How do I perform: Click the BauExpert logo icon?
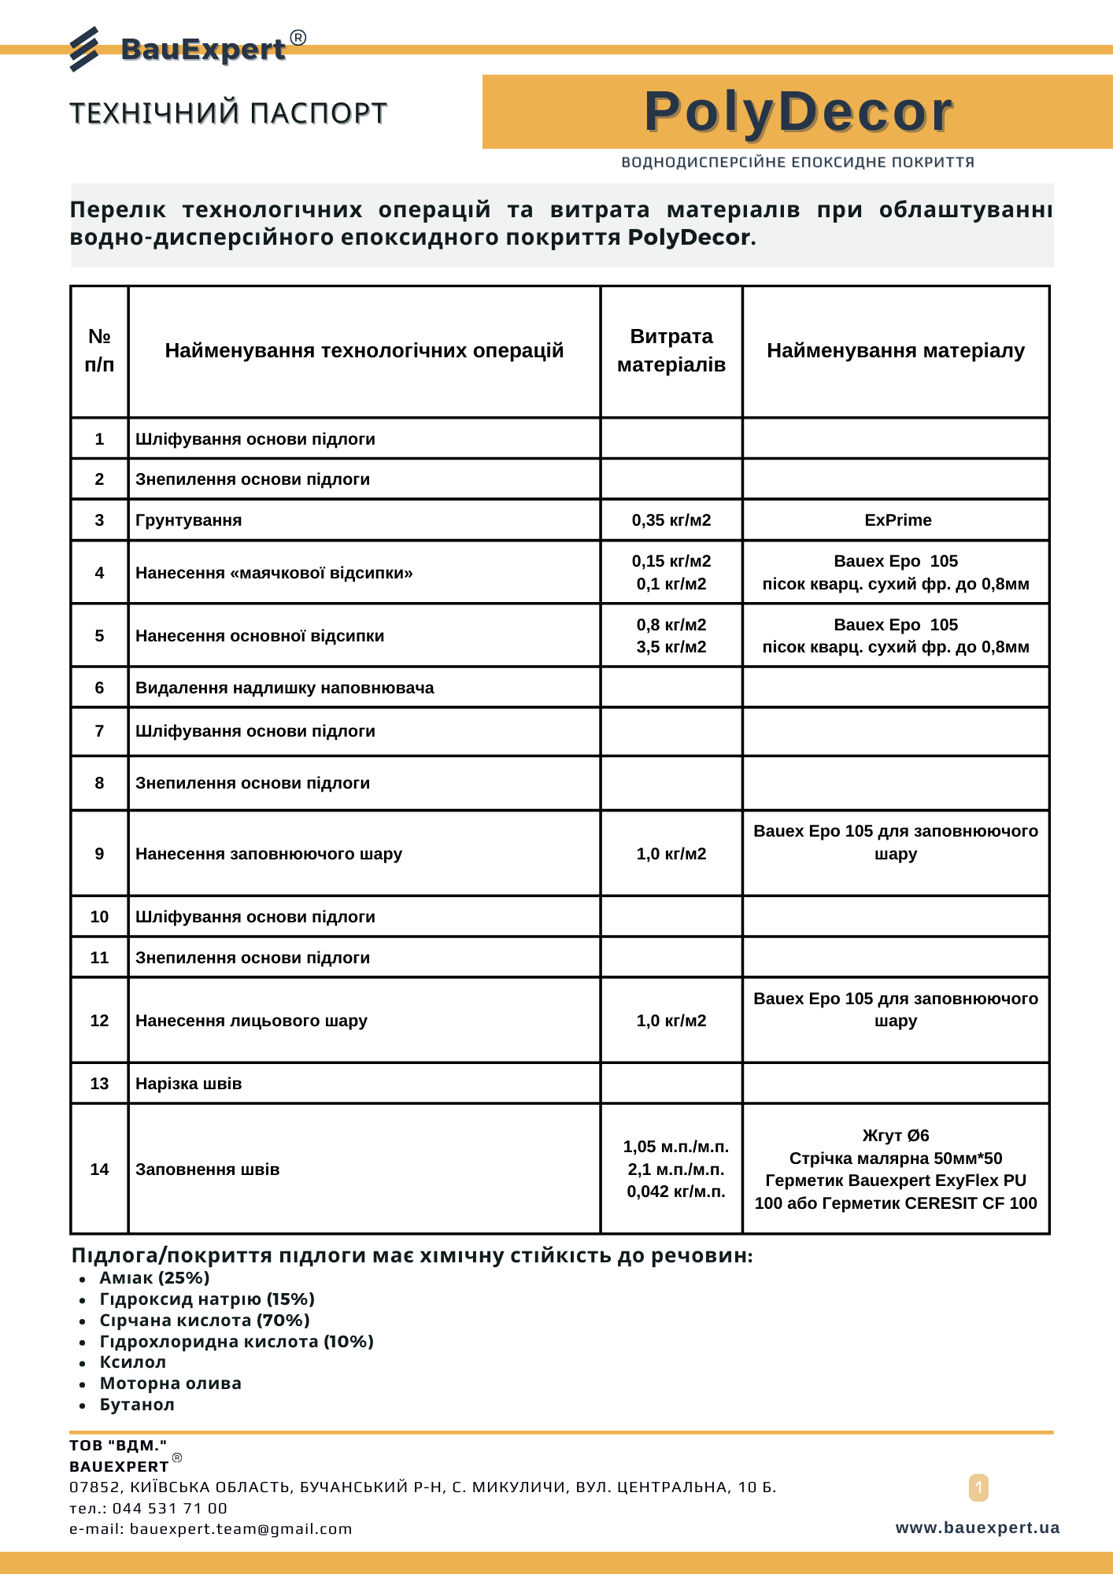[84, 49]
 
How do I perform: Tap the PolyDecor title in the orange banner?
[798, 112]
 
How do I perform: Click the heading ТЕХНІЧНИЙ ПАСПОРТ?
[228, 113]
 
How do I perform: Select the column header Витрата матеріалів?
[671, 350]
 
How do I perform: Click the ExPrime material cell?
[897, 520]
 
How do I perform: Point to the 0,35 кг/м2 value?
[671, 520]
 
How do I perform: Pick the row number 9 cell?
[99, 854]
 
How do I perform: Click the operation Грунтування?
[189, 520]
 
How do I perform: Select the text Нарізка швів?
[189, 1084]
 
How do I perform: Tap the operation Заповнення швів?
[208, 1169]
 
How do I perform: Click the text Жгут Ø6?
[896, 1136]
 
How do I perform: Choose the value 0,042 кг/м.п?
[676, 1192]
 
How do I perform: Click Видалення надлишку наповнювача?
[285, 688]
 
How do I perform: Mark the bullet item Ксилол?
[133, 1362]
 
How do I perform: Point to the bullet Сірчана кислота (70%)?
[205, 1320]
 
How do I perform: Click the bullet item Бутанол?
[137, 1405]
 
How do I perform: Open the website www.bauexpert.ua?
[978, 1528]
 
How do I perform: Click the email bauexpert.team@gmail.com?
[241, 1528]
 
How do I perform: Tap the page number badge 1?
[978, 1487]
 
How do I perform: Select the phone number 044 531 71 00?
[169, 1508]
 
